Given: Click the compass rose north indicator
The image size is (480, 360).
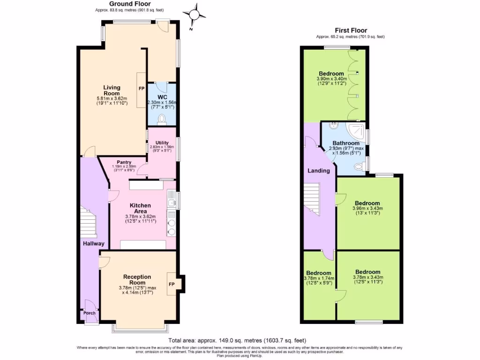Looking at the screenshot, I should tap(194, 15).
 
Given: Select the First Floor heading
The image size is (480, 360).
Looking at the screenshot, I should tap(350, 30).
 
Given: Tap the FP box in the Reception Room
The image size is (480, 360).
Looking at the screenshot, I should tap(172, 284).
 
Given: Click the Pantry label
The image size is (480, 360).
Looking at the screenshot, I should tap(124, 163).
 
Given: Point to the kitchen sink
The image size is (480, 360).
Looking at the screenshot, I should tap(172, 202).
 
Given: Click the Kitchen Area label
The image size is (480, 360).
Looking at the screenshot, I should tap(140, 209).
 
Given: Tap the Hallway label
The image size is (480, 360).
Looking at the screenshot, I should tap(90, 244).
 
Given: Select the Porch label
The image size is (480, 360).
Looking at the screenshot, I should tap(89, 313).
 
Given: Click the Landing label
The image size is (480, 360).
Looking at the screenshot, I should tap(318, 171).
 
